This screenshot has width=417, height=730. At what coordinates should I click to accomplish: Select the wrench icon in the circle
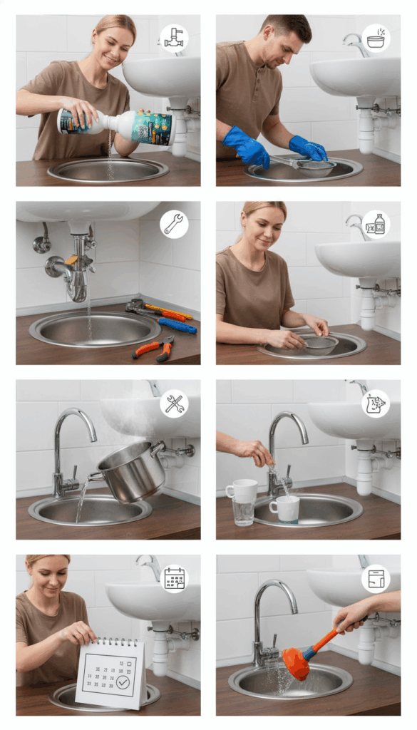[x=173, y=224]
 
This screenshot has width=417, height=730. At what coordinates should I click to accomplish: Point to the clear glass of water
[x=243, y=510]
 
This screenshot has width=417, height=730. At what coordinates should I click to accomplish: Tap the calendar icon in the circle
[x=174, y=578]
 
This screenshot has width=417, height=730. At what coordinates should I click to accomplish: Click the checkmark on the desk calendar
[x=123, y=682]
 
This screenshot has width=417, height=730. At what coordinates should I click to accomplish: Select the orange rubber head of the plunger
[x=296, y=662]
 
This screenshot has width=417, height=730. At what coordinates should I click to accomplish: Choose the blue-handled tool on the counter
[x=177, y=326]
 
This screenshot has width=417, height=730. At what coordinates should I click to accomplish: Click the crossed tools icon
[x=174, y=403]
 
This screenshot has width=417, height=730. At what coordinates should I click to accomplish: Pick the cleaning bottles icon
[x=376, y=225]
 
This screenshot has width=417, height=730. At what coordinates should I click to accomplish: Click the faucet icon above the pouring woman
[x=173, y=38]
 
